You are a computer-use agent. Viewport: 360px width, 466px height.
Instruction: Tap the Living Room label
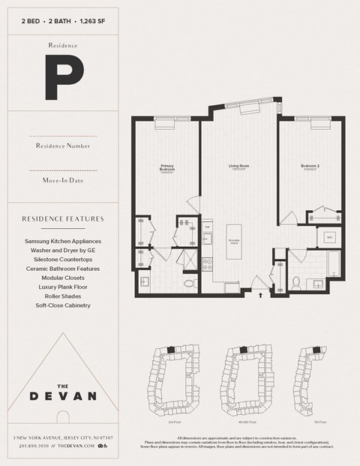[238, 167]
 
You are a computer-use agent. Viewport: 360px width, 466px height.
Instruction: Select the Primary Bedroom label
[167, 168]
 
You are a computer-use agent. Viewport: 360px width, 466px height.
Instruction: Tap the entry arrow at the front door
[260, 296]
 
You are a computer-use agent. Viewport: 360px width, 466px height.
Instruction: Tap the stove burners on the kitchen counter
[207, 263]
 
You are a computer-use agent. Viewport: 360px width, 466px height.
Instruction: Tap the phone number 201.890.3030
[33, 446]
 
